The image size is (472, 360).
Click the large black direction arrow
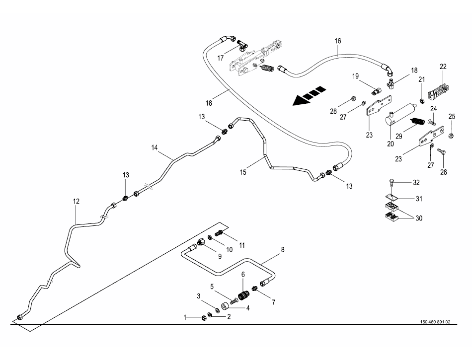(x=309, y=95)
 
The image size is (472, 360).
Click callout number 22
(x=443, y=67)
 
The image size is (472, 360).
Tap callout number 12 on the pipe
(x=76, y=202)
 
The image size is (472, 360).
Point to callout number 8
(x=283, y=250)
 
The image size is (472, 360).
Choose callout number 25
(x=452, y=116)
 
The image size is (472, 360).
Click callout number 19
(x=356, y=76)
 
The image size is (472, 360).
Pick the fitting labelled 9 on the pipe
(x=202, y=242)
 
